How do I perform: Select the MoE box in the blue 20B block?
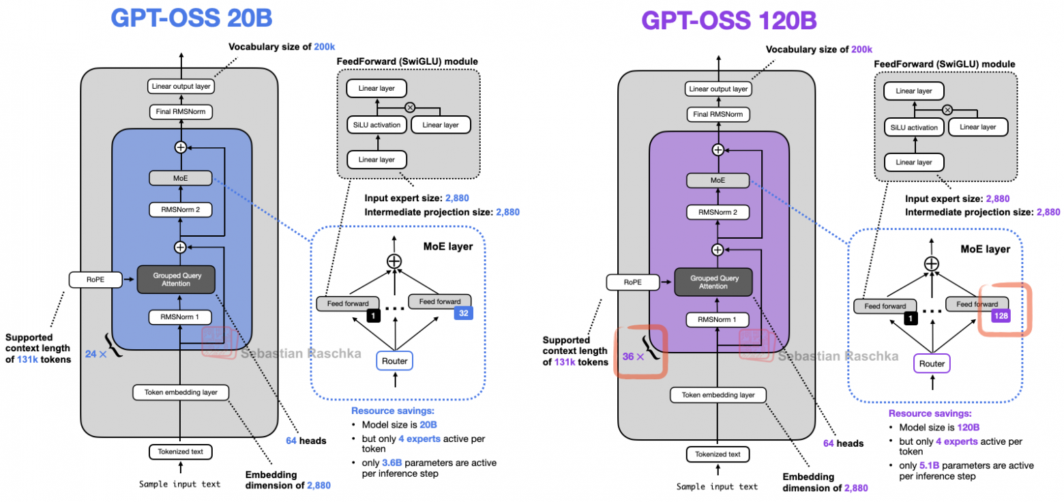(181, 178)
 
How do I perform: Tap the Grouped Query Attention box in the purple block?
(713, 282)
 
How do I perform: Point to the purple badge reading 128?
(1001, 316)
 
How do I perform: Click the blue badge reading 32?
(464, 314)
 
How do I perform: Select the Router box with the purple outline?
(932, 364)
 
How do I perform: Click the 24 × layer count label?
(95, 354)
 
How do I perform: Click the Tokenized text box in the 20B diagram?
(181, 452)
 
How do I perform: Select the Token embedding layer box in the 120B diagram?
(718, 395)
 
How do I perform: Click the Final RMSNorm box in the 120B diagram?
(718, 114)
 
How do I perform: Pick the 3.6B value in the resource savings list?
(391, 462)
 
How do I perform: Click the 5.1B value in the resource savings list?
(928, 465)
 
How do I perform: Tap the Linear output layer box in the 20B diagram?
(181, 87)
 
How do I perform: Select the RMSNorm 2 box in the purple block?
(718, 213)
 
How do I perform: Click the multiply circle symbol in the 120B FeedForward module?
(947, 109)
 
